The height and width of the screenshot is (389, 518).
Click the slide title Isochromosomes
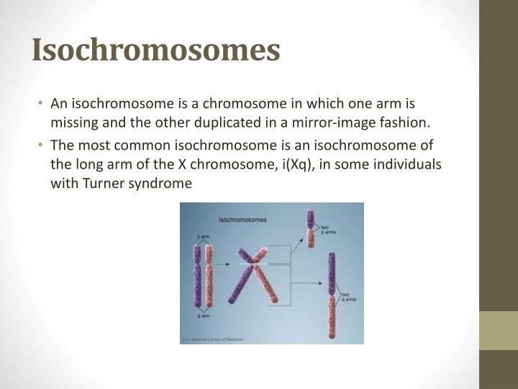coord(156,50)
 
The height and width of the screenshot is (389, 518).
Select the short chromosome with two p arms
coord(311,229)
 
